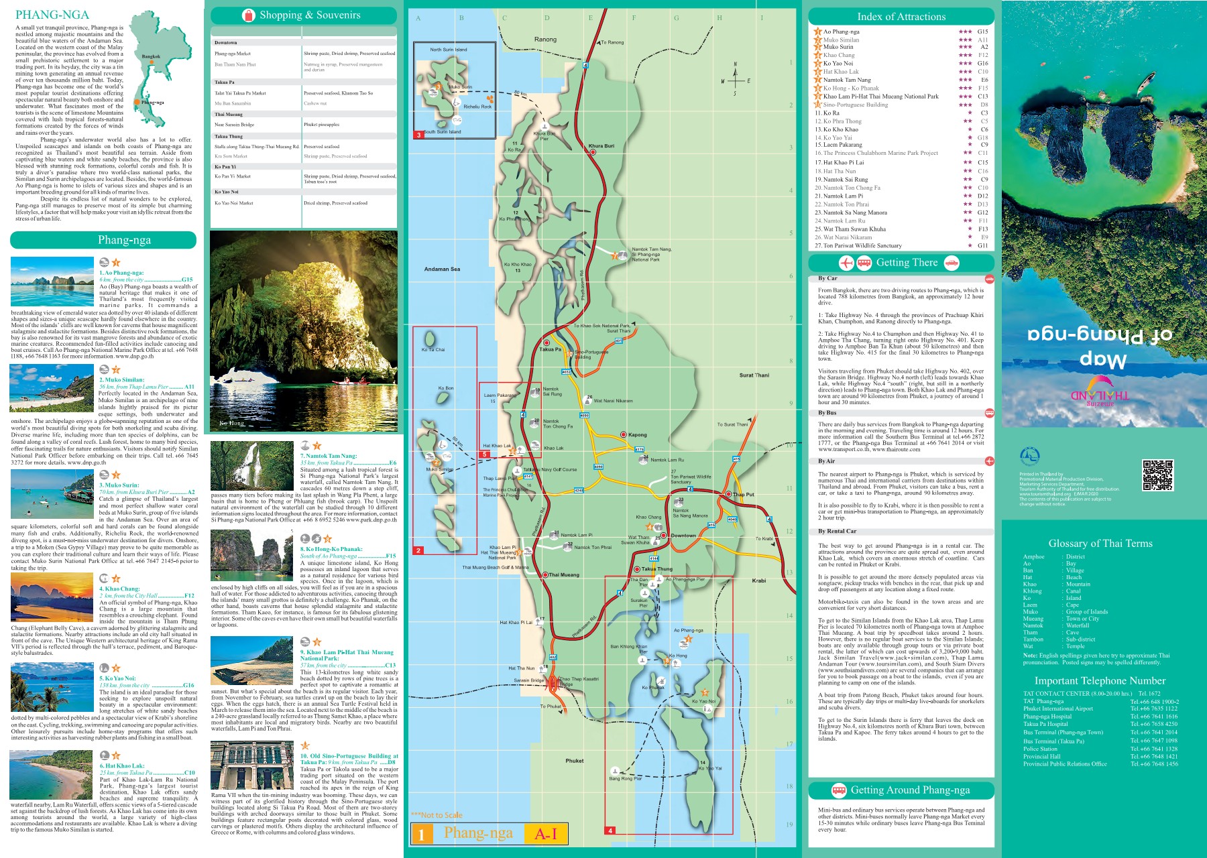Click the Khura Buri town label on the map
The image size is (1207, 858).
tap(601, 145)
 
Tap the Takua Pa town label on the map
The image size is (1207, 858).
tap(551, 349)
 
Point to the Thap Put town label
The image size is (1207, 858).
tap(743, 495)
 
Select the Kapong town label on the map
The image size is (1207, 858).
tap(637, 435)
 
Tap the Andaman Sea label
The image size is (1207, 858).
tap(442, 269)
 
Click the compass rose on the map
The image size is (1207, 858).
tap(736, 80)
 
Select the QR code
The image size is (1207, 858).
tap(1157, 475)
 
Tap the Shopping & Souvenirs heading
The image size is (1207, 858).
tap(309, 15)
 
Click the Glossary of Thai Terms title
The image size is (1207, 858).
tap(1100, 544)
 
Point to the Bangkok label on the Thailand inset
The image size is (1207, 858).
tap(151, 57)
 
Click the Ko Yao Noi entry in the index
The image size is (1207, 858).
tap(838, 64)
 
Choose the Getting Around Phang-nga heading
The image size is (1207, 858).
tap(909, 790)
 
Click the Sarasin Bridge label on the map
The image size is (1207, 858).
tap(529, 680)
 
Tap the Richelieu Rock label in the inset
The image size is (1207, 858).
tap(477, 107)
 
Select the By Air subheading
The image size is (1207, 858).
tap(826, 461)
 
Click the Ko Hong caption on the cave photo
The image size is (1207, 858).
tap(232, 424)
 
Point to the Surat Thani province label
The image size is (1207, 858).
tap(754, 375)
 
